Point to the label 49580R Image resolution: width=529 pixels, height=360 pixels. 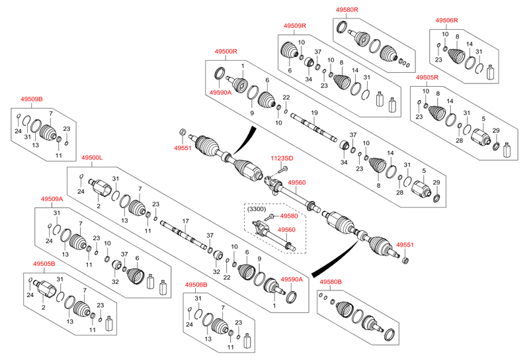[x=346, y=9]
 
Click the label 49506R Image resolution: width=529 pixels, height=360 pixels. [x=448, y=21]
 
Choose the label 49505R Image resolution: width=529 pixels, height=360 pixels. [x=428, y=77]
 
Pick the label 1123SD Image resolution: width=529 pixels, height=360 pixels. [x=281, y=158]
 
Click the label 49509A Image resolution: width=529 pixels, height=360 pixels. [x=51, y=199]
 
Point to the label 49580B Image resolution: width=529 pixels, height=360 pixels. [x=331, y=283]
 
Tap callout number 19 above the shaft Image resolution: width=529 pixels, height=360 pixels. [x=315, y=112]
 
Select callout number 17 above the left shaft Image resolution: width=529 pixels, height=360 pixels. [x=186, y=220]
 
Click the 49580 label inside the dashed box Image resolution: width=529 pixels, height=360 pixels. [x=289, y=216]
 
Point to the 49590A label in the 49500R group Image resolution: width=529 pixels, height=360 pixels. [x=220, y=93]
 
